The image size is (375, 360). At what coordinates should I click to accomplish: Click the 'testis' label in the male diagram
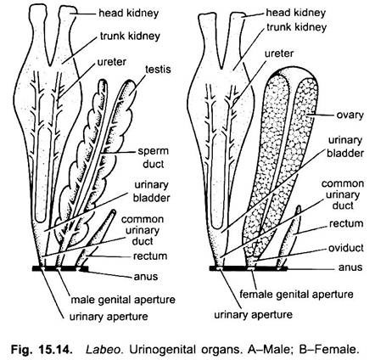158,70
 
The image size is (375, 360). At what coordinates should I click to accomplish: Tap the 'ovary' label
350,115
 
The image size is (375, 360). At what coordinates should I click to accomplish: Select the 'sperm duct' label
153,158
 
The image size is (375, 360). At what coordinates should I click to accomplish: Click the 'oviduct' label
345,248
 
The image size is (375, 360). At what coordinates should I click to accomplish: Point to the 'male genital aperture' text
123,300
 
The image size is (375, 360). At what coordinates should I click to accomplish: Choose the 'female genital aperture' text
296,295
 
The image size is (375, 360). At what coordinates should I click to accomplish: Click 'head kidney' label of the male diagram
128,14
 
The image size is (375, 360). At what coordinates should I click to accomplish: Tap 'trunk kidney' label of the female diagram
296,27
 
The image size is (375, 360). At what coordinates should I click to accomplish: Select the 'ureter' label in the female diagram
279,53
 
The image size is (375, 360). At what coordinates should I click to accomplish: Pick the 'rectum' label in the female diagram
346,224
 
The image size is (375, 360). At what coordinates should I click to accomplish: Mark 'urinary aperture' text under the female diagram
253,315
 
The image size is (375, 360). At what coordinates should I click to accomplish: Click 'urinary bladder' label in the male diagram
152,192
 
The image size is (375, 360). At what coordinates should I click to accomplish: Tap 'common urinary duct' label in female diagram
343,194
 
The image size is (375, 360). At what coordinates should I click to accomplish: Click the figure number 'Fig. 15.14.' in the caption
41,350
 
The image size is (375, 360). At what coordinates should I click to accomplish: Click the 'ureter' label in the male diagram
112,62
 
